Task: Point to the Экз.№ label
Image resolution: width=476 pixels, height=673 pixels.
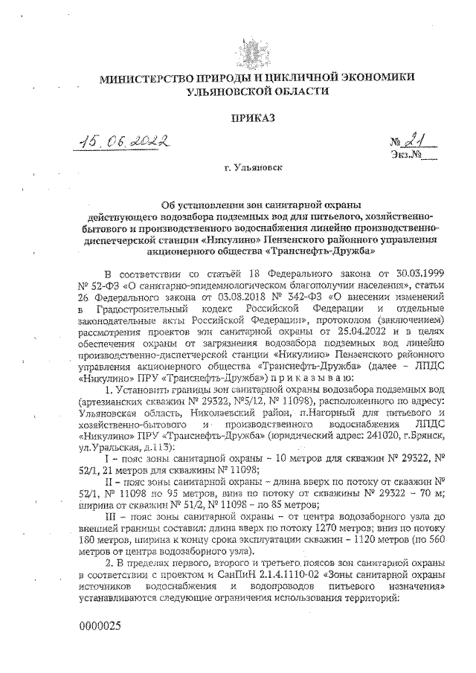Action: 401,155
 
